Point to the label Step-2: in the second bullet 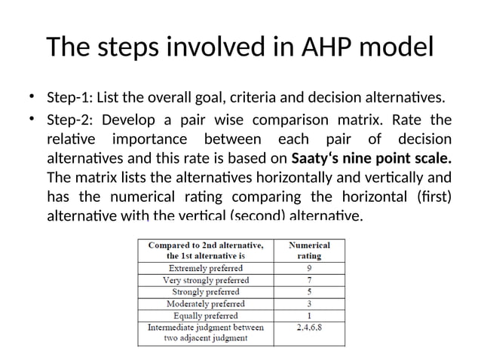(x=69, y=120)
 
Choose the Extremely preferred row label (x=205, y=267)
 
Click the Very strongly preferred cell (x=205, y=279)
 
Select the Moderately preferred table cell (x=205, y=304)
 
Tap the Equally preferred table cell (x=205, y=316)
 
